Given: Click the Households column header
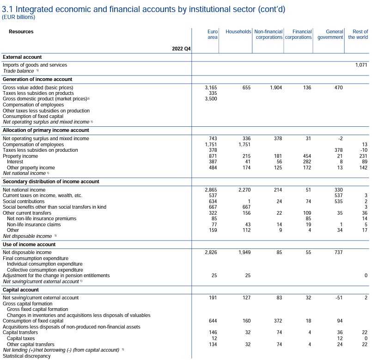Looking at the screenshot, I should coord(238,31).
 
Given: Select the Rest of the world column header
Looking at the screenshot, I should coord(358,34).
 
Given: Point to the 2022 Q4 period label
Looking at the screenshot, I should coord(181,48).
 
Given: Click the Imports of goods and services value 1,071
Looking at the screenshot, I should coord(361,65).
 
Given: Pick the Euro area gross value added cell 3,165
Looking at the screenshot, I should coord(211,87).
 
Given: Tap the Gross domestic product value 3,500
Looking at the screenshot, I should coord(211,99).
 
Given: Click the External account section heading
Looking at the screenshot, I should coord(22,57).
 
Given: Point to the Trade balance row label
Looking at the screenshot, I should coord(18,71).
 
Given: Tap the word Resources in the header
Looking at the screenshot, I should coord(21,31).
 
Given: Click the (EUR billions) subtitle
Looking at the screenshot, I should coord(18,17).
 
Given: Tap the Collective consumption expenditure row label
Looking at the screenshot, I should coord(45,270).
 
